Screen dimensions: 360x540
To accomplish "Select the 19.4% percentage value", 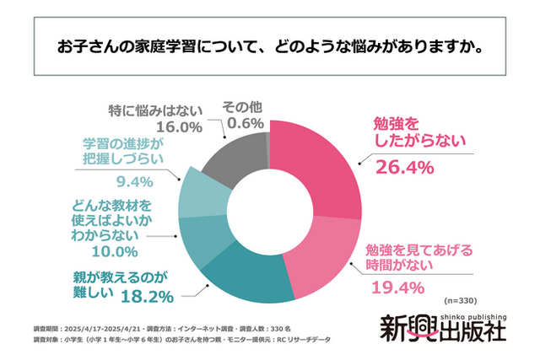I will click(x=395, y=288).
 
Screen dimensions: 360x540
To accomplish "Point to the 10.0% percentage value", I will click(x=114, y=250).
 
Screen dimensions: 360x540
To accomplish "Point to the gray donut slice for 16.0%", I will click(x=231, y=152).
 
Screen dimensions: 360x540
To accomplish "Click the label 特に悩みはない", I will click(x=155, y=108).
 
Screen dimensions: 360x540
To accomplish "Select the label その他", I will click(x=242, y=108).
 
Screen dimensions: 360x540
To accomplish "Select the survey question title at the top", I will click(x=270, y=45).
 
